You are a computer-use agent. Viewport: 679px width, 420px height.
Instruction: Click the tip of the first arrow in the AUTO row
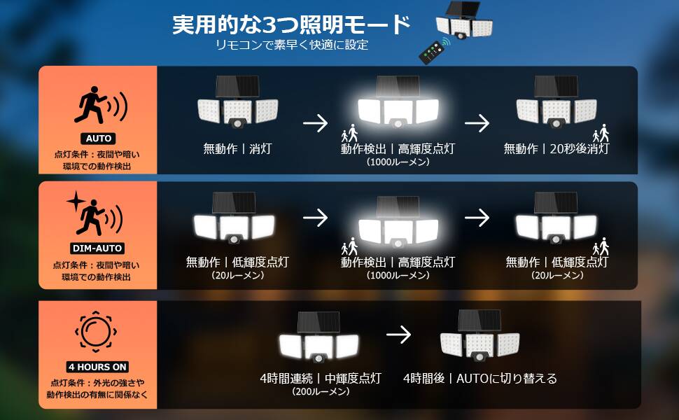(x=328, y=123)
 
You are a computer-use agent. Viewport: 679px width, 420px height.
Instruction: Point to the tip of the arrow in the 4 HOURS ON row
(x=410, y=335)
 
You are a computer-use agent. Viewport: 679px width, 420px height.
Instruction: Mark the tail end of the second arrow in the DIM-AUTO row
(x=465, y=218)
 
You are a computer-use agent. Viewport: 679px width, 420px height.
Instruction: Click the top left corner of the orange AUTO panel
(x=39, y=66)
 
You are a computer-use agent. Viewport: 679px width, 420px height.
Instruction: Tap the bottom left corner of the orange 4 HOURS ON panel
(x=39, y=408)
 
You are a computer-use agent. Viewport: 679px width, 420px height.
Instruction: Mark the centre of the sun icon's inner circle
(x=96, y=332)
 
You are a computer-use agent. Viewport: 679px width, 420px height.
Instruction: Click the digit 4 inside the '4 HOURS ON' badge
(x=71, y=367)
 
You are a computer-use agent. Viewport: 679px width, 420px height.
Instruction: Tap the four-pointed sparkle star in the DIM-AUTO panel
(x=76, y=201)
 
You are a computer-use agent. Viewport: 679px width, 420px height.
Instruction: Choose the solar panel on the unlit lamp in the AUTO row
(x=237, y=87)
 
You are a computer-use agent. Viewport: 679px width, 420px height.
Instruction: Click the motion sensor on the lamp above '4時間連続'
(x=319, y=358)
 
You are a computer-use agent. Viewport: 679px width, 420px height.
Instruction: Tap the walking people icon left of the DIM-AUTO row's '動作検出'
(x=349, y=246)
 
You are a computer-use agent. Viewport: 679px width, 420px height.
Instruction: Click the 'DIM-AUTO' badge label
(x=97, y=248)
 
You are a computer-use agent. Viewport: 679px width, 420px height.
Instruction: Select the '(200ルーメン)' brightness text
(x=321, y=392)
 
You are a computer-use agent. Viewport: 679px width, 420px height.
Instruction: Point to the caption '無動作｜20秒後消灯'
(x=556, y=149)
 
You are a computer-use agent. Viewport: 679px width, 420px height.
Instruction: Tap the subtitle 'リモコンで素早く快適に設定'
(x=292, y=45)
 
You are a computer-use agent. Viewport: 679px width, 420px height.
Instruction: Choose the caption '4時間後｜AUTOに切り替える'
(x=480, y=379)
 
